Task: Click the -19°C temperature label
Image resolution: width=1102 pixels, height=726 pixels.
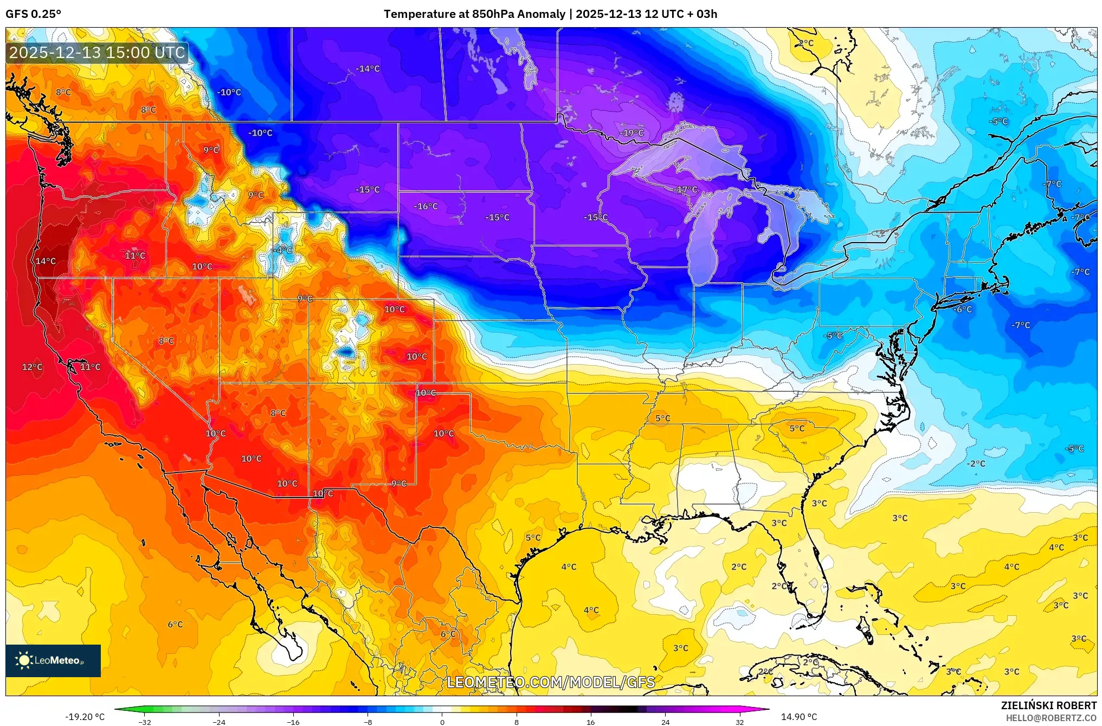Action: click(632, 133)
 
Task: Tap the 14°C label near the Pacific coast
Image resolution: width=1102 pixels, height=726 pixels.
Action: click(46, 261)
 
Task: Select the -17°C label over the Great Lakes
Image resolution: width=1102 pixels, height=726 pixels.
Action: click(686, 190)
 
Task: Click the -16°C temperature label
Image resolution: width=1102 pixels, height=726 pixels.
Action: click(426, 206)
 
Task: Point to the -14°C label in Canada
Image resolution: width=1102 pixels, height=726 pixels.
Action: click(368, 69)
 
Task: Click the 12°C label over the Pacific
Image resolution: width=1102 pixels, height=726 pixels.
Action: click(32, 367)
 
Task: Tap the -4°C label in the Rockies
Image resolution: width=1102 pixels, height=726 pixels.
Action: click(282, 250)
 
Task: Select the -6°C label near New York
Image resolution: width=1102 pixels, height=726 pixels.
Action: click(963, 309)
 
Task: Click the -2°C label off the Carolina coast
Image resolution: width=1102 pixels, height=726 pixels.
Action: click(976, 463)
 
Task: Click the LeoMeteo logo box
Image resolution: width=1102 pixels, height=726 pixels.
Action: click(53, 660)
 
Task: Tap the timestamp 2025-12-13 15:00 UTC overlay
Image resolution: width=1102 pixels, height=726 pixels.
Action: click(97, 53)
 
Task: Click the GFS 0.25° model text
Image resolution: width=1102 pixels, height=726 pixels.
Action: click(34, 14)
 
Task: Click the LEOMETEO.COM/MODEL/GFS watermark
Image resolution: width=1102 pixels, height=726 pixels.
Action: click(551, 682)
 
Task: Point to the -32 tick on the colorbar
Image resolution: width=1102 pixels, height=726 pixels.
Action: click(145, 722)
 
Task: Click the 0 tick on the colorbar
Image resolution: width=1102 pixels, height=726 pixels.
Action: click(442, 722)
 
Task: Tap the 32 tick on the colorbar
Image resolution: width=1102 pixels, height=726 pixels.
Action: click(739, 722)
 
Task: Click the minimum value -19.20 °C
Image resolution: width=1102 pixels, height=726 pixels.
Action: click(85, 717)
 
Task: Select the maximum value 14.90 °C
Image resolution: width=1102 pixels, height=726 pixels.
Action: click(798, 717)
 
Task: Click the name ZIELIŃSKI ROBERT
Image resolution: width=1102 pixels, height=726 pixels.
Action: click(1048, 705)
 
